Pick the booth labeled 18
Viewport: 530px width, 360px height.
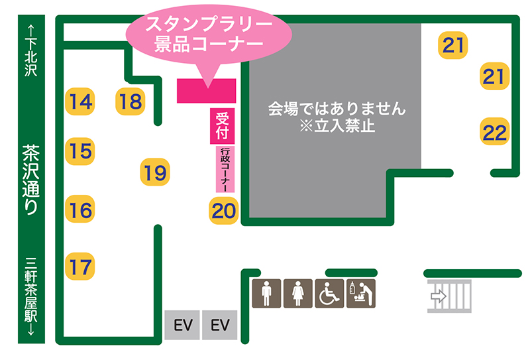coord(131,101)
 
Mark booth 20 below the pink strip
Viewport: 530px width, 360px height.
coord(224,211)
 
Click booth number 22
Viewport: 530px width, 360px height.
coord(494,132)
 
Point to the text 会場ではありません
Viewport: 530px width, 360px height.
coord(336,107)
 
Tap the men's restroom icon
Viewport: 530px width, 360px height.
coord(266,292)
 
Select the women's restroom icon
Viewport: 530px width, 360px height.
coord(298,292)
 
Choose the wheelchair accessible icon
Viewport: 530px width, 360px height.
coord(329,292)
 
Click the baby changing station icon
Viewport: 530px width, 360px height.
coord(360,292)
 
